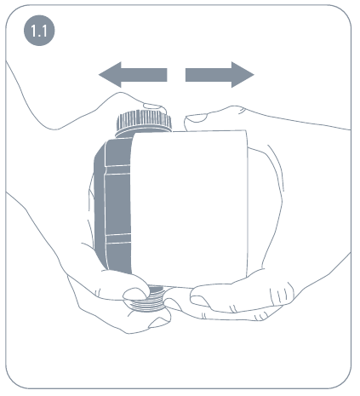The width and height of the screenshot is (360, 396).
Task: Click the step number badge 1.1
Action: click(x=39, y=31)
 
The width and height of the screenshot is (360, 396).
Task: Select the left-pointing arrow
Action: click(x=133, y=75)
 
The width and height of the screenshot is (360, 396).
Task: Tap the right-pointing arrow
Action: click(x=220, y=75)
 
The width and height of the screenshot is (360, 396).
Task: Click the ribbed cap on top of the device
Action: click(x=144, y=120)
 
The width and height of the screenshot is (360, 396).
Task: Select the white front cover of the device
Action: click(x=189, y=209)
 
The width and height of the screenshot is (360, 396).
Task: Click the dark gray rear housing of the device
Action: click(x=113, y=204)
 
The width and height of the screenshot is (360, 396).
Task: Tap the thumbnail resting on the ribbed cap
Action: click(x=155, y=107)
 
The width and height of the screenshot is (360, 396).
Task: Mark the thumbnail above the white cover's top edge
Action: click(x=197, y=118)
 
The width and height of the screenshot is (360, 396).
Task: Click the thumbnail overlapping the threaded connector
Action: click(x=135, y=294)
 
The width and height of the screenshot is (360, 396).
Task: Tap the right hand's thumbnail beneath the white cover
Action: click(x=200, y=301)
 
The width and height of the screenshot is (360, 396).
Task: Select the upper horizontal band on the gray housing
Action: click(x=117, y=169)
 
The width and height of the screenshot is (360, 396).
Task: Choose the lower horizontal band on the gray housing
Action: click(x=118, y=238)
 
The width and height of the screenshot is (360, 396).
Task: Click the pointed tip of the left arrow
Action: click(x=99, y=75)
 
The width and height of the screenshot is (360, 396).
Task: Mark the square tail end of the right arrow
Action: click(x=186, y=75)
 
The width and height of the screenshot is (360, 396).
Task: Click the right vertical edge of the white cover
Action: click(x=248, y=204)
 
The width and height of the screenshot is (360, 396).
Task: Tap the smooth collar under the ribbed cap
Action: click(x=143, y=134)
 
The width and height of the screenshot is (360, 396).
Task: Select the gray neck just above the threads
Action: click(x=156, y=290)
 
